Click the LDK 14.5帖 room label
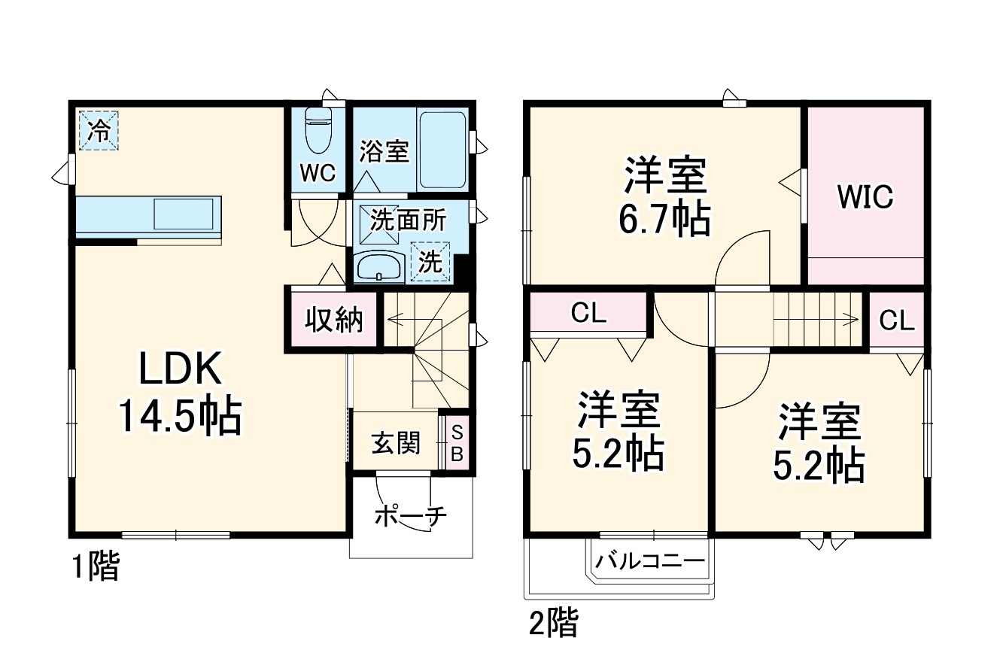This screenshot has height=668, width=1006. (x=179, y=393)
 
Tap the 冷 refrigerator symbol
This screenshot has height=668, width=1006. (x=99, y=130)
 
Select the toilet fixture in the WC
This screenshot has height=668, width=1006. (x=319, y=130)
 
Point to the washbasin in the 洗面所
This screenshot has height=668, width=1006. (x=378, y=268)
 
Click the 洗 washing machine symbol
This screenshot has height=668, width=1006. (x=430, y=262)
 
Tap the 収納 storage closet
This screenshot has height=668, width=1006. (x=333, y=320)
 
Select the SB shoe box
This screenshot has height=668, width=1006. (x=457, y=443)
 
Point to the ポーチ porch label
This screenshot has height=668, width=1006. (x=410, y=517)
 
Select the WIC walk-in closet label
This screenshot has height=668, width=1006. (x=865, y=197)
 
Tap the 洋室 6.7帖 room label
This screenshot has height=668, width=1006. (x=664, y=197)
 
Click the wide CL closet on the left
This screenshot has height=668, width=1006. (x=588, y=314)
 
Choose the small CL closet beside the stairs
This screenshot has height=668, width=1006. (x=897, y=321)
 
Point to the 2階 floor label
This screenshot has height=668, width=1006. (x=554, y=623)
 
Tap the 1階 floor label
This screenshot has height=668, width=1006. (x=96, y=566)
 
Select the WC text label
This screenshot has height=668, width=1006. (x=318, y=173)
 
